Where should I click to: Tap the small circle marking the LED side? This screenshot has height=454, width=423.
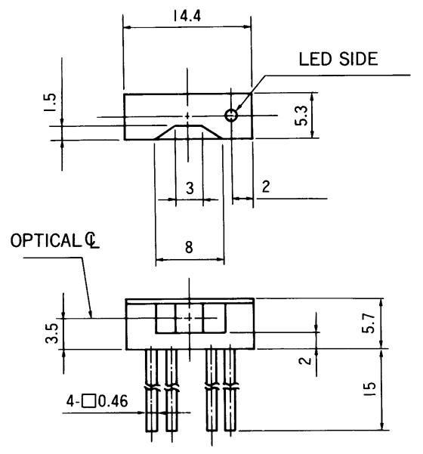click(x=231, y=115)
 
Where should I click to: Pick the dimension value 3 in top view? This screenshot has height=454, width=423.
click(x=189, y=188)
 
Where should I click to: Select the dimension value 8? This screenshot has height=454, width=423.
click(x=189, y=247)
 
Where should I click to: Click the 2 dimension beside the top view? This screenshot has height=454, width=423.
click(x=266, y=188)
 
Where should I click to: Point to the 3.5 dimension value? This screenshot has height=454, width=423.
click(x=50, y=333)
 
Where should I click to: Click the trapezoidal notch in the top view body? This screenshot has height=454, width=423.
click(x=189, y=132)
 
